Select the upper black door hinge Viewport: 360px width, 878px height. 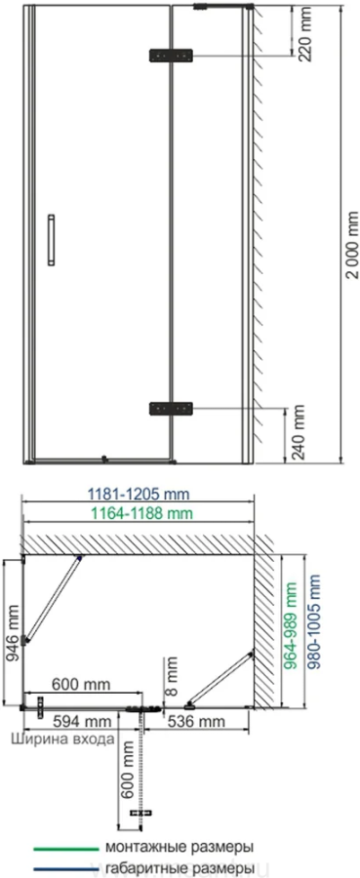click(171, 56)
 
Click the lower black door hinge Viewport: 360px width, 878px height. click(171, 408)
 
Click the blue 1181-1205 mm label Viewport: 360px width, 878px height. click(139, 495)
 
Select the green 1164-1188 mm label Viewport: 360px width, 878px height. click(140, 513)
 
